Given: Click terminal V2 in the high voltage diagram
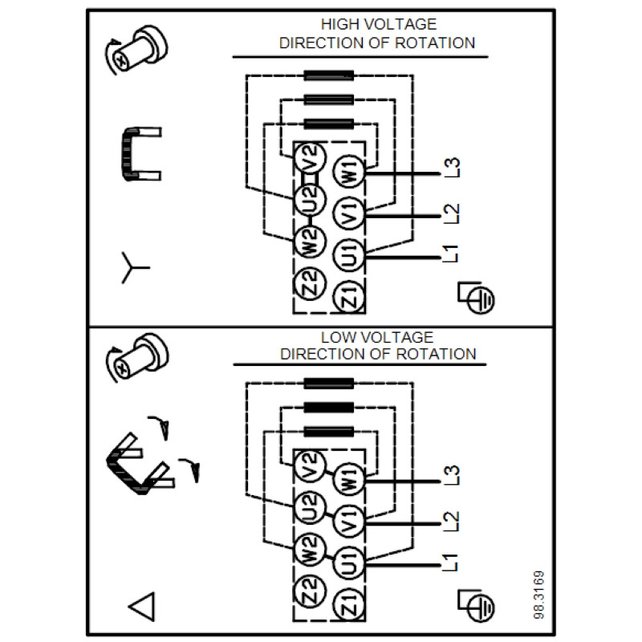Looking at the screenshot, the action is (310, 158).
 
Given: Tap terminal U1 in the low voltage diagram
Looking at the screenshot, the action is (348, 563).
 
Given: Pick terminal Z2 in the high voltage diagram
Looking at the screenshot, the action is (310, 283).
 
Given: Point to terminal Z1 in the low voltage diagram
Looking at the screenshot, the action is (348, 605).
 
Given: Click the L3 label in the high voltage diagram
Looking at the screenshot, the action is (452, 168).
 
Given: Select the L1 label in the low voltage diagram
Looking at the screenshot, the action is (451, 563).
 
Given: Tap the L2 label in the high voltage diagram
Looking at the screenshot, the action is (452, 213).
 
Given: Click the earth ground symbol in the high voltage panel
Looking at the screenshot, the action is (476, 298).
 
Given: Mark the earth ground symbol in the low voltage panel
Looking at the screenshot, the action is (476, 606).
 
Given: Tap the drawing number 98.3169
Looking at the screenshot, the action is (539, 595).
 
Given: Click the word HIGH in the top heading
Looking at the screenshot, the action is (337, 25).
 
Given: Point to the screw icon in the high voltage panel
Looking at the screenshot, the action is (136, 50).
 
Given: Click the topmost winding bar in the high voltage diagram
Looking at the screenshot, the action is (329, 75).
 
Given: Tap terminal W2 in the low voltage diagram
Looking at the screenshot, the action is (310, 550).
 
